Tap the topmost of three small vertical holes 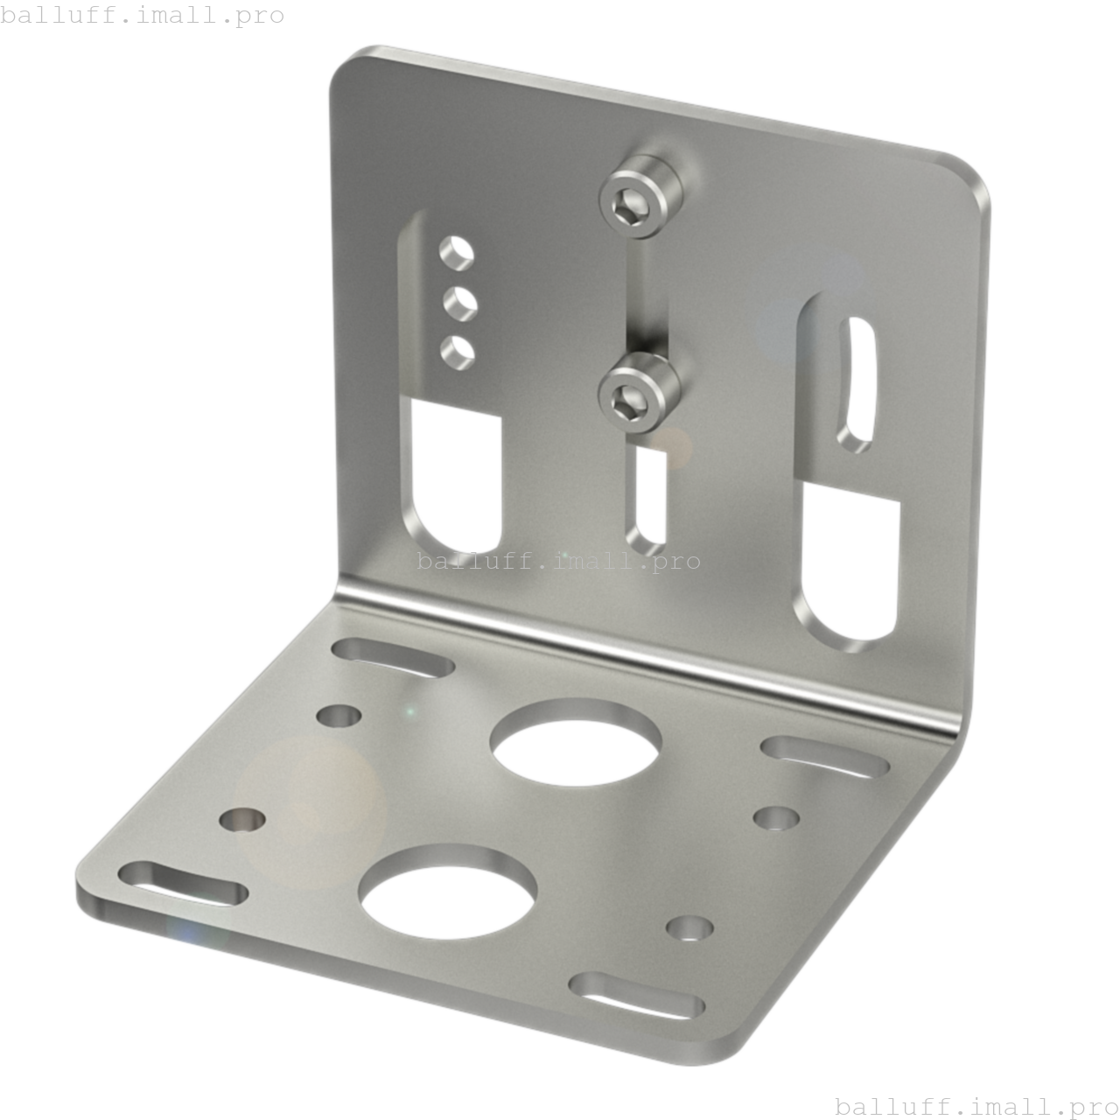tap(456, 252)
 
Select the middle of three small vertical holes tap(458, 302)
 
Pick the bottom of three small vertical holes tap(456, 352)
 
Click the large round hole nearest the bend tap(575, 742)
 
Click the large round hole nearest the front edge tap(447, 891)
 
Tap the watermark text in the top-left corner tap(143, 15)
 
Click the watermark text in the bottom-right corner tap(976, 1107)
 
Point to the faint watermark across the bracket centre tap(558, 560)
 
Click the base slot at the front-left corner tap(182, 882)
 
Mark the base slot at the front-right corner tap(636, 995)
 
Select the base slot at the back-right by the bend tap(824, 756)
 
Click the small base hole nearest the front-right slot tap(689, 927)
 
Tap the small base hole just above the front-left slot tap(242, 820)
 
